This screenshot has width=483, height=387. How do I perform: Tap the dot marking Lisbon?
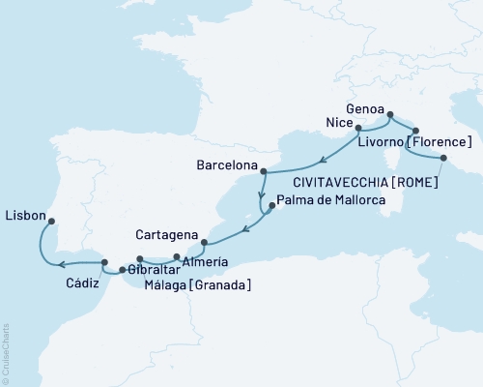coord(51,219)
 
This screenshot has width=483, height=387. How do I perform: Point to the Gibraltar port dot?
coord(122,270)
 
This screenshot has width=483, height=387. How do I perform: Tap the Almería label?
coord(207,262)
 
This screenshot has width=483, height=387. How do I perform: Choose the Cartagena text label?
coord(168,235)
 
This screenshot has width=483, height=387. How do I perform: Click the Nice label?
coord(337,125)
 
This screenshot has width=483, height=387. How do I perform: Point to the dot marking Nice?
coord(358,128)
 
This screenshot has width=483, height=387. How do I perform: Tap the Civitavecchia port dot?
coord(443,158)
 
